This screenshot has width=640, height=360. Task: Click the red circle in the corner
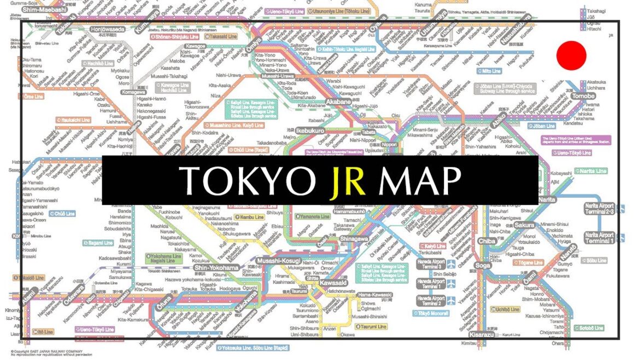point(571,55)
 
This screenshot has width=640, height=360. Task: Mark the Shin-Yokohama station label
point(217,268)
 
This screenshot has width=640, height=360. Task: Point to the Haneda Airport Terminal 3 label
point(431,265)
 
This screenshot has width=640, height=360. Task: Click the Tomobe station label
point(583,96)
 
